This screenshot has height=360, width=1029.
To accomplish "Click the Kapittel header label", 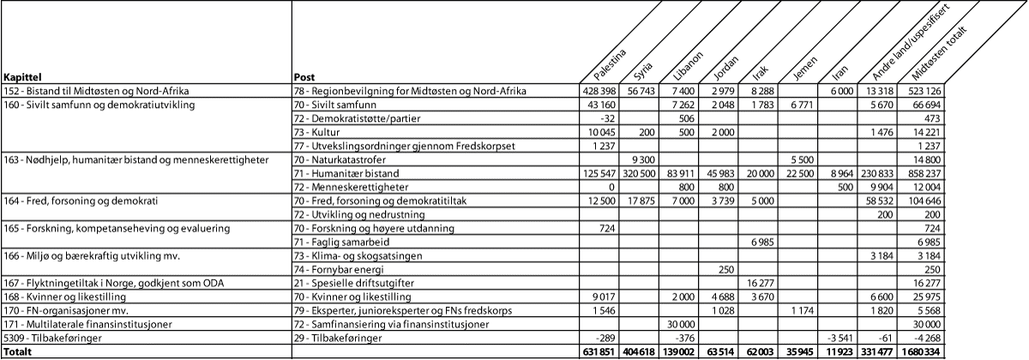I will pos(22,76).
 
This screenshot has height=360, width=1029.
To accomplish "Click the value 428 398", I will pos(599,90).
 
